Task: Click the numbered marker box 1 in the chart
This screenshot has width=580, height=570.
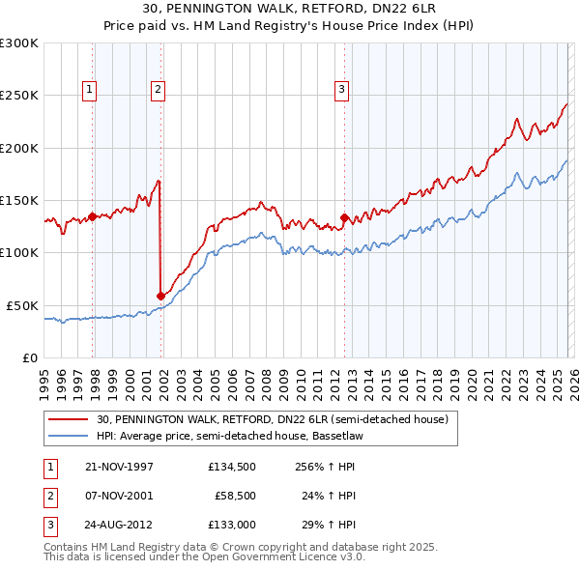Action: pyautogui.click(x=89, y=90)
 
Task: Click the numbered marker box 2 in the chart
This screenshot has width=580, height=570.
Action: pyautogui.click(x=158, y=90)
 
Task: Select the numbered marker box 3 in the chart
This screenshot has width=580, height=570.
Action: pyautogui.click(x=341, y=90)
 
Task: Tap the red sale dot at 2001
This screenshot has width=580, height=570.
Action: pyautogui.click(x=160, y=296)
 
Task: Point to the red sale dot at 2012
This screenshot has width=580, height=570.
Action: pyautogui.click(x=344, y=217)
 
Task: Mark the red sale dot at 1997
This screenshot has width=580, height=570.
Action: pyautogui.click(x=93, y=216)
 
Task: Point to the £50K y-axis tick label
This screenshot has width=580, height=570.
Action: pyautogui.click(x=22, y=305)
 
